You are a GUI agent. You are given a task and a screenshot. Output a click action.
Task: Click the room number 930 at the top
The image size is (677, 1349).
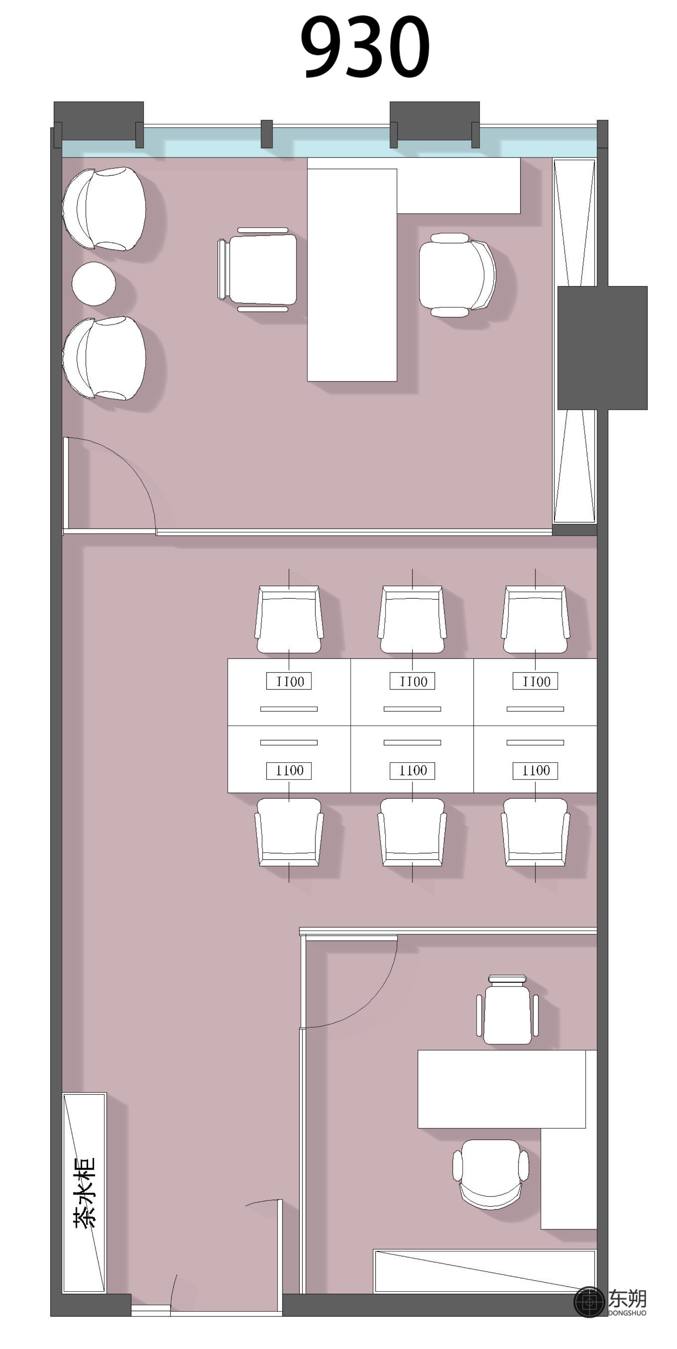pos(365,47)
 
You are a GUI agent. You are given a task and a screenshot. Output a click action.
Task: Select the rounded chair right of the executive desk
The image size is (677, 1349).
pos(457,275)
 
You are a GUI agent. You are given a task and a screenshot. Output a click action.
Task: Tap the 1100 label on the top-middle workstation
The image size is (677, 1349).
pos(412,681)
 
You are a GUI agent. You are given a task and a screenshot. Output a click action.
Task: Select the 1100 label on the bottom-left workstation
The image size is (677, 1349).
pos(289,770)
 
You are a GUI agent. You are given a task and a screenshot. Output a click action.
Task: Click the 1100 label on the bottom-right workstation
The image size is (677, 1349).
pos(535,770)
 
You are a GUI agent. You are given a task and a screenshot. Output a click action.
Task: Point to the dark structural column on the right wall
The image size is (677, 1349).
pos(602,348)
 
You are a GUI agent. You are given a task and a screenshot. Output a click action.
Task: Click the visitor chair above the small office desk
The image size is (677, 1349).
pos(507,1009)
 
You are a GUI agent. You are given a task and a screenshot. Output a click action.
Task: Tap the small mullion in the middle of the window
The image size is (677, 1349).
pos(267,134)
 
